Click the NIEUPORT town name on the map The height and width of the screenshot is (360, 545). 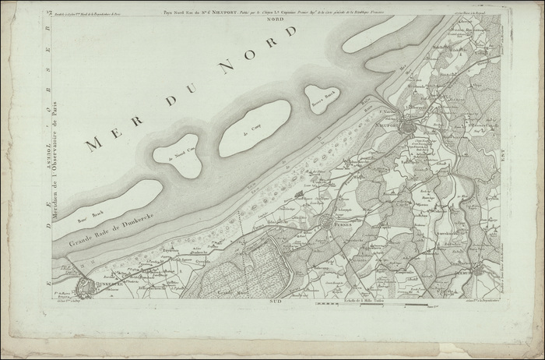pyautogui.click(x=387, y=123)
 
